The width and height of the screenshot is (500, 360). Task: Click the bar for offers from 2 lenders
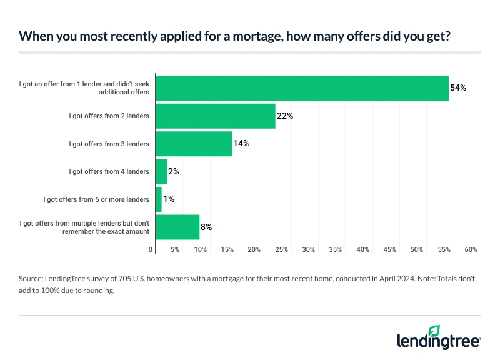[x=216, y=116]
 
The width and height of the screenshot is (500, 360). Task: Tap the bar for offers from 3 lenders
[x=194, y=144]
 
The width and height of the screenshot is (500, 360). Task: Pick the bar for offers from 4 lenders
[x=161, y=171]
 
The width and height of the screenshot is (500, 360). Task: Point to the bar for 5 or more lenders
[x=159, y=199]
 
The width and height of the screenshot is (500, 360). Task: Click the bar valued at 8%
[x=177, y=227]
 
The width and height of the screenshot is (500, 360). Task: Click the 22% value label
[x=286, y=116]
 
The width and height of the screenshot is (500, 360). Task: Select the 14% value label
[x=242, y=144]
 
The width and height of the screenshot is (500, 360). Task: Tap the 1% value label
[x=168, y=199]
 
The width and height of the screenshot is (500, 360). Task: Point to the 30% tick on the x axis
[x=308, y=250]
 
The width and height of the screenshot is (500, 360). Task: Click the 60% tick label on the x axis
[x=471, y=250]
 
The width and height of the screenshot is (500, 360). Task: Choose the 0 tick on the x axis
[x=151, y=250]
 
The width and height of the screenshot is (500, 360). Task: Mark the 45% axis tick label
[x=389, y=250]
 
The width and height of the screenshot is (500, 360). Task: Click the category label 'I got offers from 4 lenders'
[x=109, y=171]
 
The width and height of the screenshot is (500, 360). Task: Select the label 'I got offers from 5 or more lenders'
[x=96, y=199]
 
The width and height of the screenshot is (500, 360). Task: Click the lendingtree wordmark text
[x=437, y=341]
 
